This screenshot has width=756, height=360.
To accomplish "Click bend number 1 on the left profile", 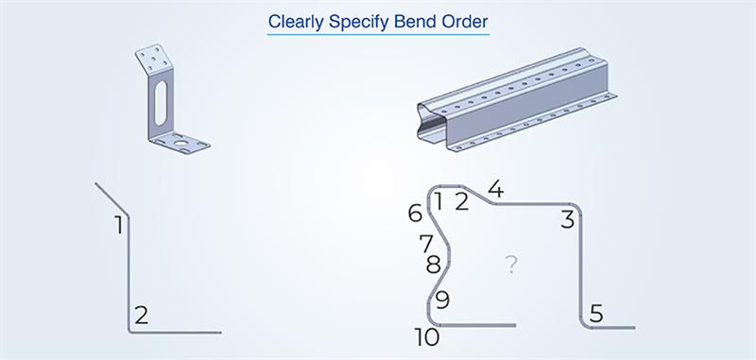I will point(119,225).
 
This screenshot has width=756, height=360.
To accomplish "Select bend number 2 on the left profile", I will point(141,316).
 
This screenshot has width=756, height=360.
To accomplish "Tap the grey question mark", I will point(511,265).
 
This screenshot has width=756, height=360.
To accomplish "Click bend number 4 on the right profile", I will point(495,189).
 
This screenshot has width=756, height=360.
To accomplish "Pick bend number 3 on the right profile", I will point(567,220).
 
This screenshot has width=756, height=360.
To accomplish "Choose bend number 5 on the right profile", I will point(595,312).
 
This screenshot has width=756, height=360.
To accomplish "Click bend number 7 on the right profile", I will point(426,244).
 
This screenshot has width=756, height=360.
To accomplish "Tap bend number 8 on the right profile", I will point(433,265).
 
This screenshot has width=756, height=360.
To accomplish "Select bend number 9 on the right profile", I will point(442,300).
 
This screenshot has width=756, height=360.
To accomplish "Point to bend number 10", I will point(426,336).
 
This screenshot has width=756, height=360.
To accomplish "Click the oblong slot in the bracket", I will point(162,99).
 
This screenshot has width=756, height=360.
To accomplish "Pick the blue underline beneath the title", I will point(378,35).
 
